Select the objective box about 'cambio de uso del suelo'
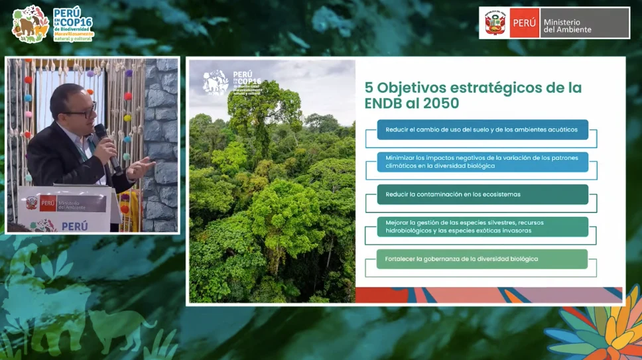482,129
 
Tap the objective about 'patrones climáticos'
482,162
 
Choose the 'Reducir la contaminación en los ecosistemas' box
482,194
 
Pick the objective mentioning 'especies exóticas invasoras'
482,226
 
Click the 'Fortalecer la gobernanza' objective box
482,259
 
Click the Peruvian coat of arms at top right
495,23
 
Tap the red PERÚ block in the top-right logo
524,23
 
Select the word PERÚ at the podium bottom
74,226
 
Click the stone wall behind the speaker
161,133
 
